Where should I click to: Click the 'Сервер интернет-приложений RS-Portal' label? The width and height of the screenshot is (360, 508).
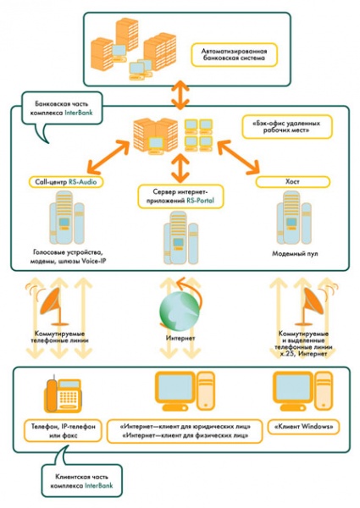coord(179,197)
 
